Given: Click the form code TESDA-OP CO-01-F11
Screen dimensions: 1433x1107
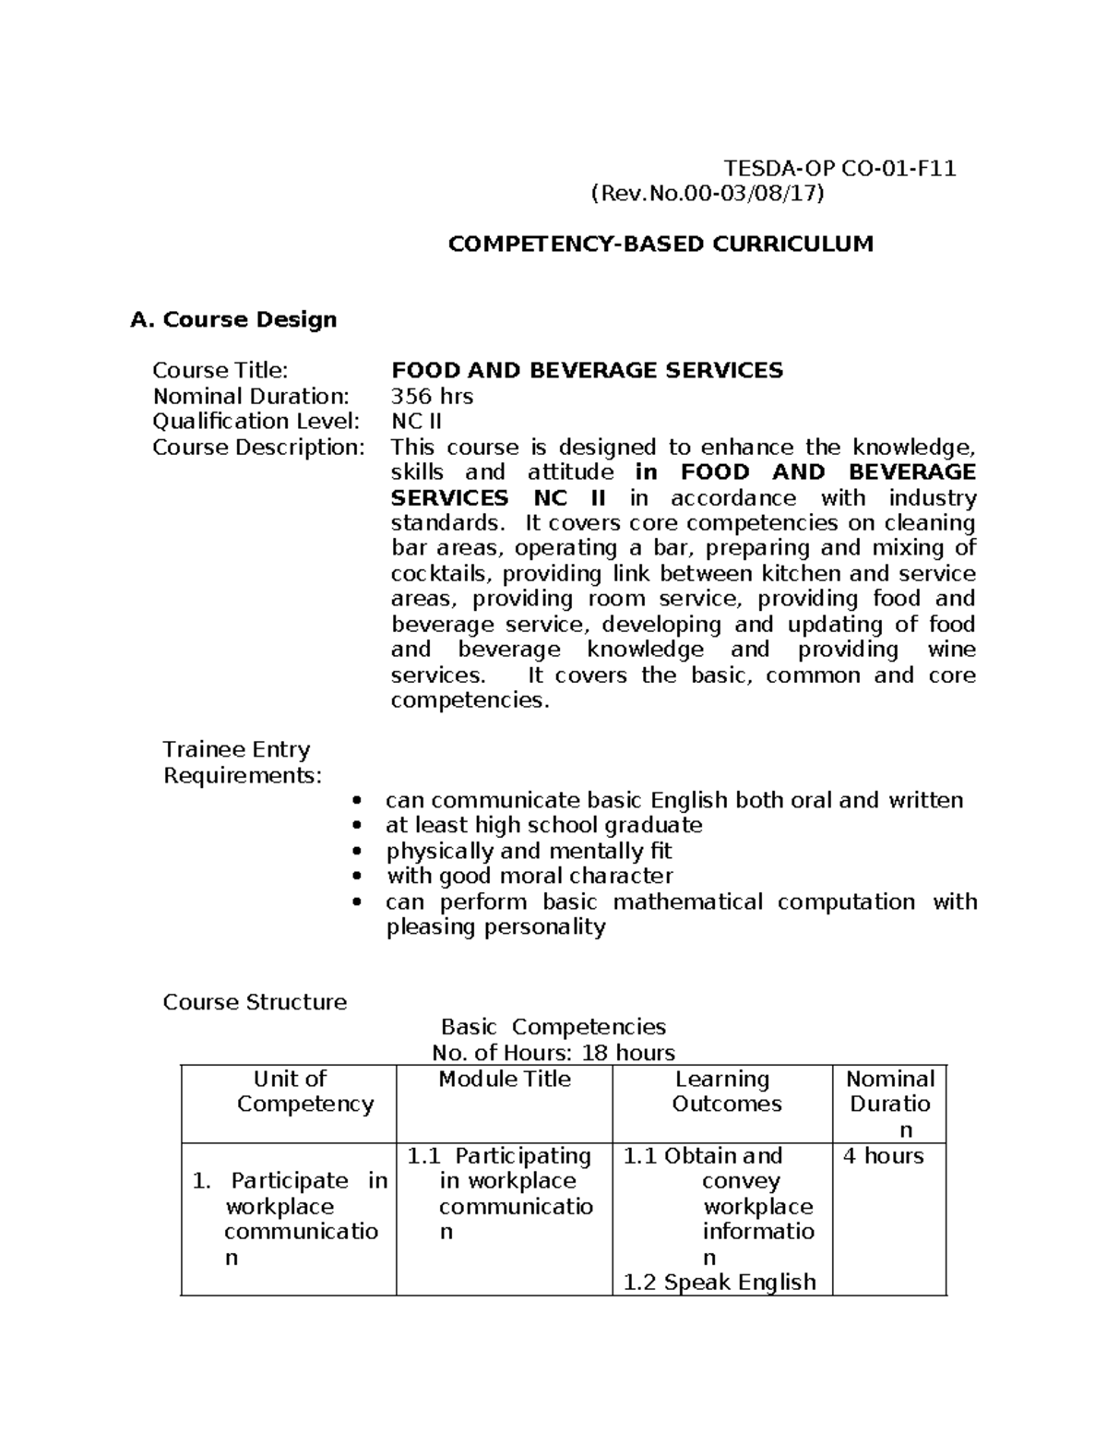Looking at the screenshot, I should click(839, 168).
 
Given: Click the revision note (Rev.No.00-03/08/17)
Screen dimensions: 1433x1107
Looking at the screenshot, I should click(707, 193).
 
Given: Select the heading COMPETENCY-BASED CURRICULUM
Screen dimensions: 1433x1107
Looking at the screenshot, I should click(660, 244).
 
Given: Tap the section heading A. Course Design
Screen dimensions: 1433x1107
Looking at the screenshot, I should click(233, 319).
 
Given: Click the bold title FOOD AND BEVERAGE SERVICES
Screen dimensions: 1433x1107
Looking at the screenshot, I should click(587, 370).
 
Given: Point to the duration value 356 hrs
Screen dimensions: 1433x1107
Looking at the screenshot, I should click(432, 396).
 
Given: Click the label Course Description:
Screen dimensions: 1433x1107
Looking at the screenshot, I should click(258, 447).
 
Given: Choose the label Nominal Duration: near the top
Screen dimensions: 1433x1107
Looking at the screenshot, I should click(251, 396).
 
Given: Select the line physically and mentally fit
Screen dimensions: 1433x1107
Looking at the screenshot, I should click(529, 851).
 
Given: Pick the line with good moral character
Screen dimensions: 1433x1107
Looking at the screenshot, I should click(530, 876).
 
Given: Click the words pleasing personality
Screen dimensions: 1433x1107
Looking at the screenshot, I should click(495, 926).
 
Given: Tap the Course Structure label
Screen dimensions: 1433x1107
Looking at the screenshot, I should click(255, 1002).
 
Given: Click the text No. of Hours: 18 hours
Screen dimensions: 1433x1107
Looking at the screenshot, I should click(553, 1053).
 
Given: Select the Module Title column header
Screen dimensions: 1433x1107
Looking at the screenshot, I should click(505, 1079).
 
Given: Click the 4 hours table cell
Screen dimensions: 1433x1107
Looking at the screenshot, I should click(883, 1155).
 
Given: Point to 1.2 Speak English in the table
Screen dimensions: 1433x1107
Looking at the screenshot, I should click(720, 1282).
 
